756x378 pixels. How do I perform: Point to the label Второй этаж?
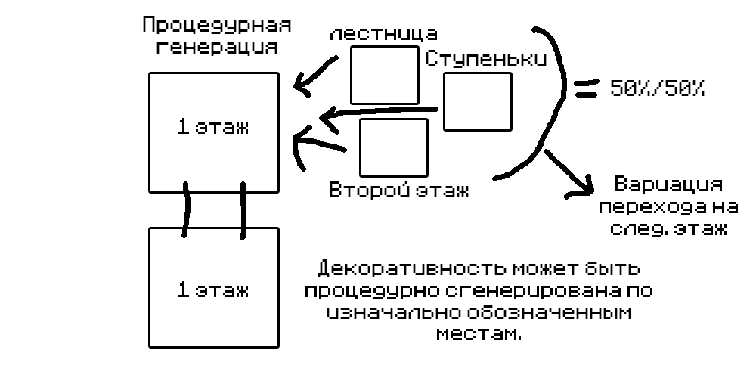(398, 189)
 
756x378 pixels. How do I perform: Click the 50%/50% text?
(657, 88)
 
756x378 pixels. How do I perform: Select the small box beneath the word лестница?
(385, 74)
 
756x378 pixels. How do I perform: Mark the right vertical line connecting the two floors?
(243, 208)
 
